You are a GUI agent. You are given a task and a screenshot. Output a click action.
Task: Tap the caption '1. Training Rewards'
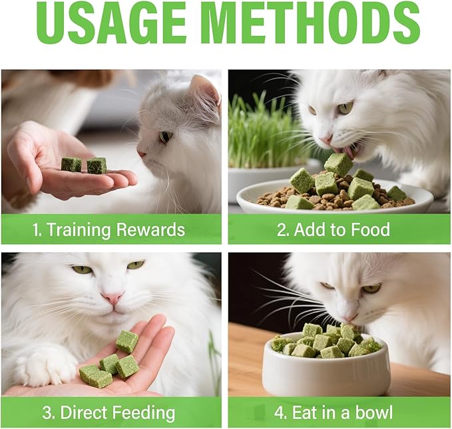[109, 230]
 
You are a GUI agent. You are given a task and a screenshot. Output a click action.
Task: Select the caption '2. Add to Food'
[334, 230]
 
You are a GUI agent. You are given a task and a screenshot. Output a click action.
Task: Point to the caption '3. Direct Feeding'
[109, 412]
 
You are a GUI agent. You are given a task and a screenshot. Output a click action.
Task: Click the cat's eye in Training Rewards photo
[164, 136]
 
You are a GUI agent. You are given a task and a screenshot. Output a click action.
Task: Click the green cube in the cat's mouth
[338, 164]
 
